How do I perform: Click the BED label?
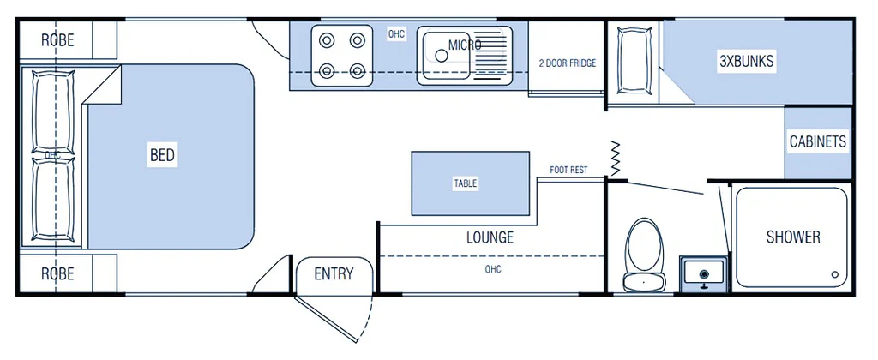tap(162, 155)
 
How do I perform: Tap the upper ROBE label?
tap(57, 40)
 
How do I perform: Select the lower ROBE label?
tap(57, 274)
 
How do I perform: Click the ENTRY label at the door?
tap(334, 274)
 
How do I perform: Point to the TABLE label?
tap(466, 183)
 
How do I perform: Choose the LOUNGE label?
tap(490, 237)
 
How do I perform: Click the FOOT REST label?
tap(568, 170)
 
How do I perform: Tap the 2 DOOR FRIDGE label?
tap(567, 63)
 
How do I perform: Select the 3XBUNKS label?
tap(746, 62)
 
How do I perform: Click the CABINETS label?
tap(818, 142)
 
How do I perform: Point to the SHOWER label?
tap(793, 237)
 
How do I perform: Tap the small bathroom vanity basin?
tap(703, 273)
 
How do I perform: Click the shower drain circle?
tap(835, 275)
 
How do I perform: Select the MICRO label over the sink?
tap(465, 45)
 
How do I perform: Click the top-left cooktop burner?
tap(327, 39)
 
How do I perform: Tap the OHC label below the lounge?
tap(492, 270)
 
